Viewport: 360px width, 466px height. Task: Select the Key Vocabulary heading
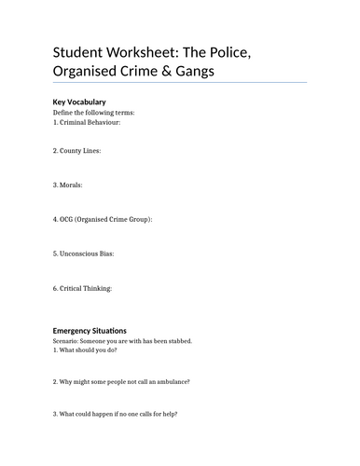click(79, 101)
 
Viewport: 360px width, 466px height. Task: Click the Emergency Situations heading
click(90, 330)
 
